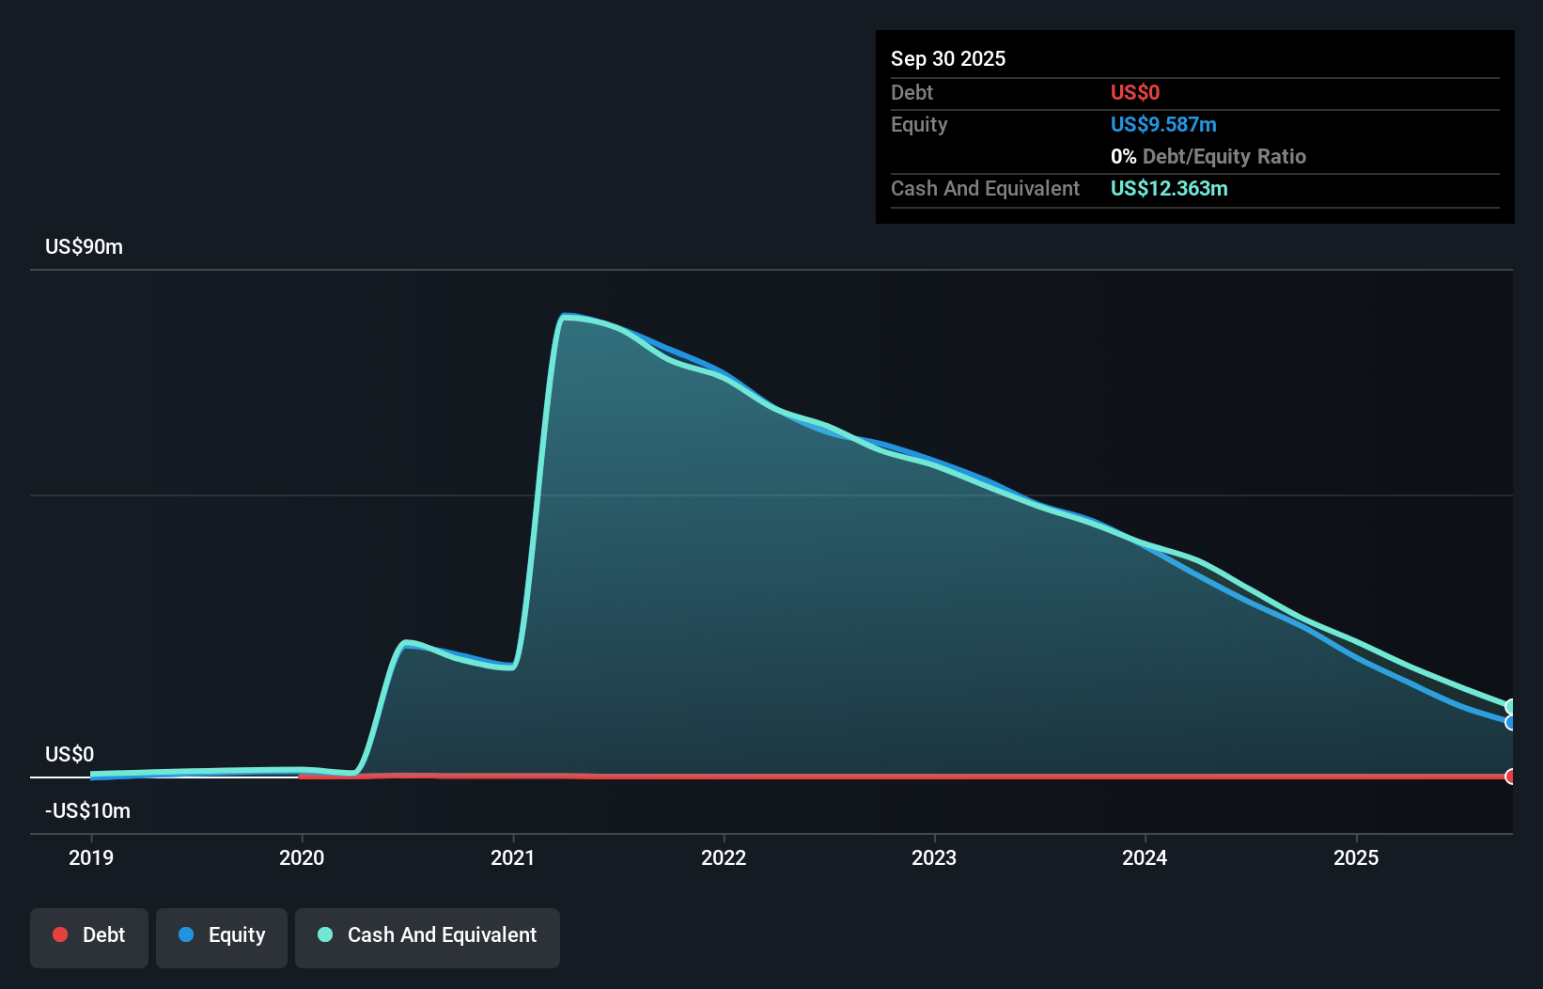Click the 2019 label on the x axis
pyautogui.click(x=91, y=857)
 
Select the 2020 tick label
pyautogui.click(x=302, y=857)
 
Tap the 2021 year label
pyautogui.click(x=513, y=857)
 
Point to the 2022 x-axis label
pyautogui.click(x=724, y=857)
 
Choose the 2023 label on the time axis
pyautogui.click(x=934, y=857)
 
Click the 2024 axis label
pyautogui.click(x=1145, y=857)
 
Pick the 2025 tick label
pyautogui.click(x=1356, y=857)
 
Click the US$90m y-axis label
pyautogui.click(x=84, y=247)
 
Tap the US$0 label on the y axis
pyautogui.click(x=70, y=754)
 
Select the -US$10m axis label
pyautogui.click(x=87, y=810)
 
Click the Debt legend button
pyautogui.click(x=89, y=935)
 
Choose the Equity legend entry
pyautogui.click(x=222, y=935)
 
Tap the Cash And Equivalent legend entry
pyautogui.click(x=428, y=935)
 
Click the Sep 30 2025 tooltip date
pyautogui.click(x=948, y=58)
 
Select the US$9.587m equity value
pyautogui.click(x=1163, y=125)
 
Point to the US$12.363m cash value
pyautogui.click(x=1169, y=189)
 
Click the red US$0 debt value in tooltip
pyautogui.click(x=1135, y=93)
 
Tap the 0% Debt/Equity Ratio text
pyautogui.click(x=1208, y=157)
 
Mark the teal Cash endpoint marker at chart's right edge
pyautogui.click(x=1511, y=707)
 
